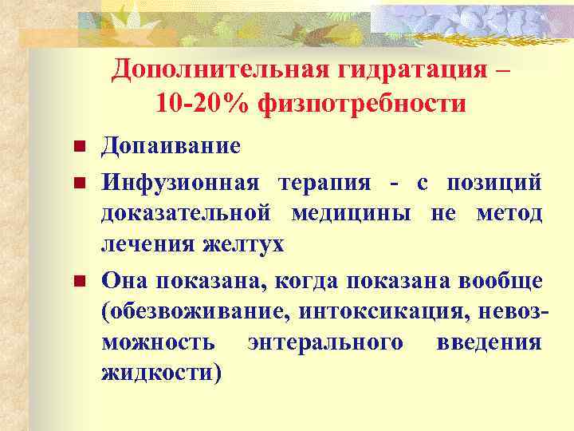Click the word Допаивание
pyautogui.click(x=171, y=147)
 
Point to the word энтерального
pyautogui.click(x=324, y=342)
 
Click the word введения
pyautogui.click(x=489, y=342)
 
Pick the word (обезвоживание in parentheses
pyautogui.click(x=191, y=312)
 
